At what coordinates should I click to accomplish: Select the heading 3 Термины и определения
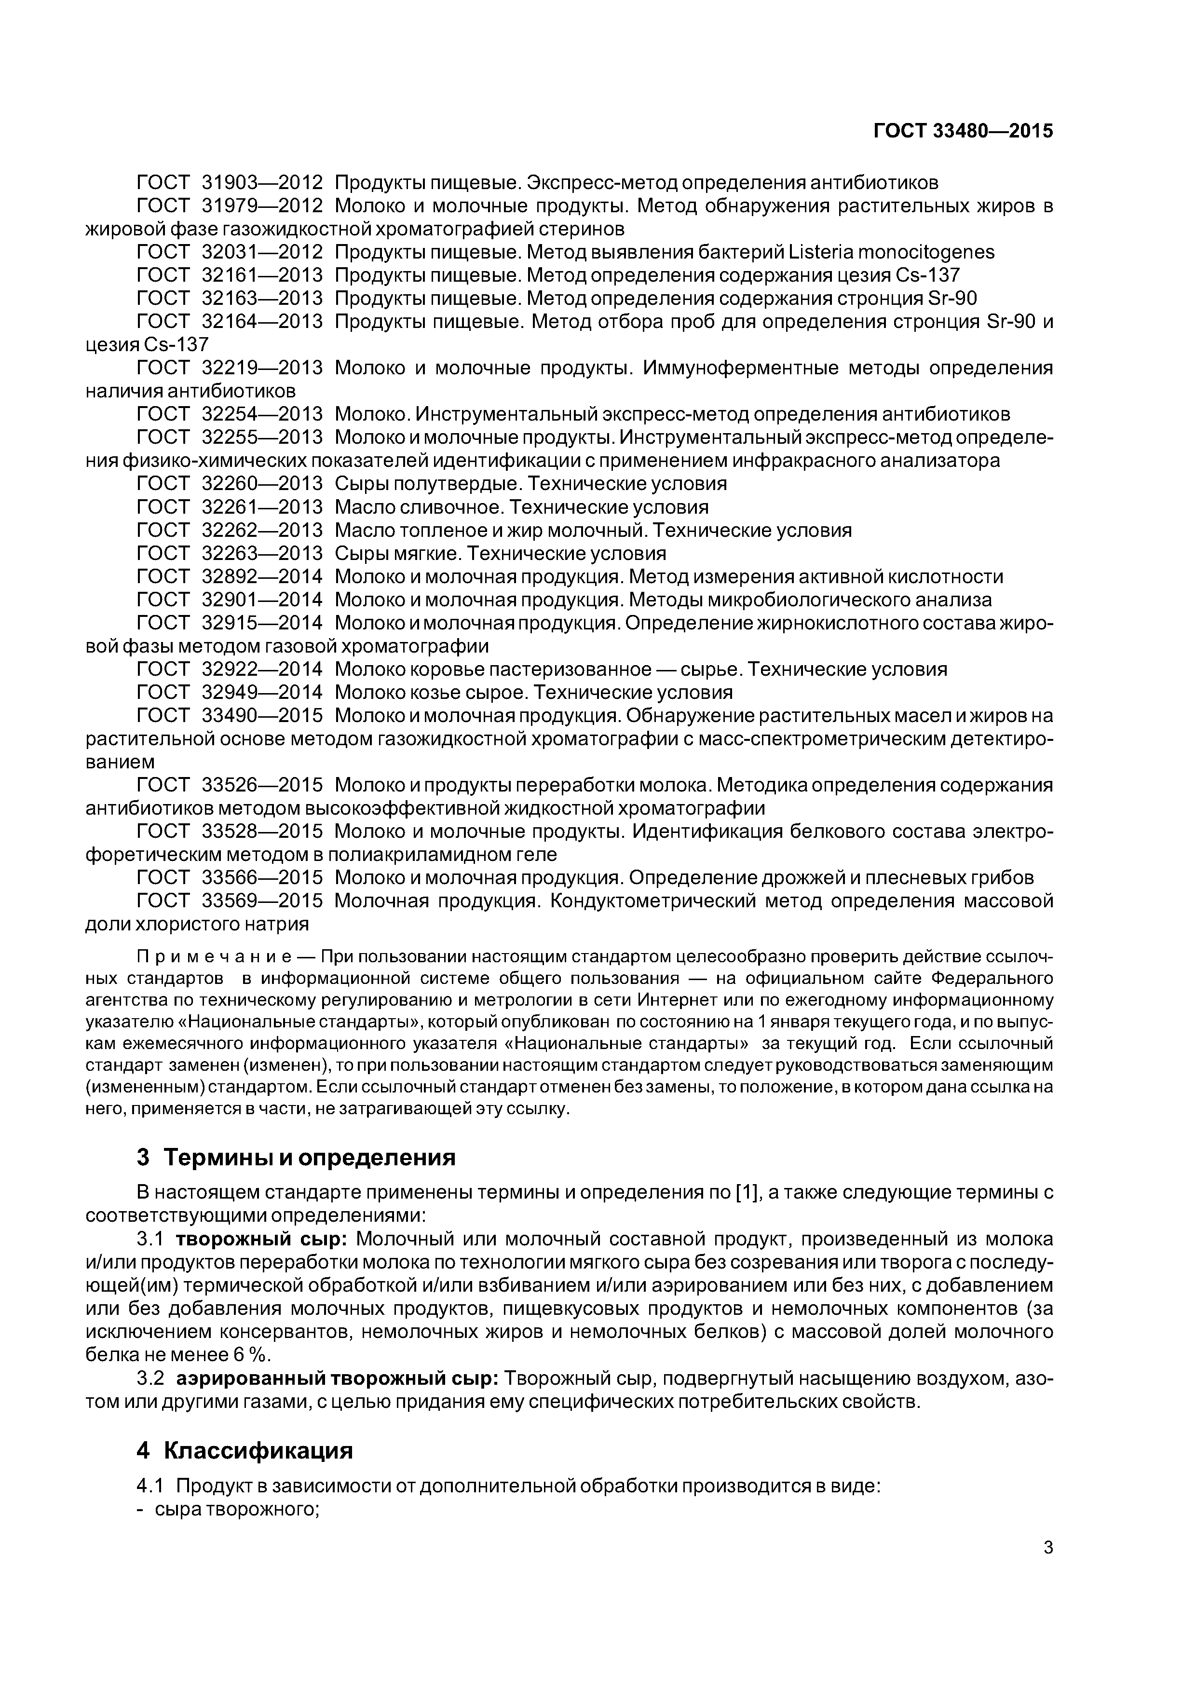point(296,1158)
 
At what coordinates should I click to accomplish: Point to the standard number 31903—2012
point(261,183)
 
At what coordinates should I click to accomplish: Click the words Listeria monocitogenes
point(891,252)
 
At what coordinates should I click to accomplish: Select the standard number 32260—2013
point(261,484)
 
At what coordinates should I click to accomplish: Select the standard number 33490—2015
point(261,716)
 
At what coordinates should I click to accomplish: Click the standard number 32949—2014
point(261,693)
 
